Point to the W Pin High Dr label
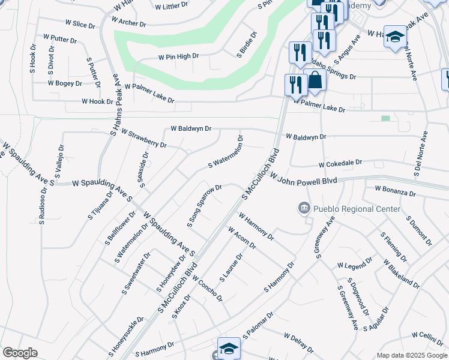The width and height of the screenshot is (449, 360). (178, 56)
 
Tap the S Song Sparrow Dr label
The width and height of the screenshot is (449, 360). (205, 206)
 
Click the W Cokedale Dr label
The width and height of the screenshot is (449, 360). (340, 163)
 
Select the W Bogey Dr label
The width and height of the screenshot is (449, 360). (65, 83)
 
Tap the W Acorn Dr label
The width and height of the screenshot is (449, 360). (242, 238)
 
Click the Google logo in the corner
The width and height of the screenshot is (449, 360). (20, 353)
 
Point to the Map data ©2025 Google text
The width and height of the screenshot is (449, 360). (411, 355)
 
